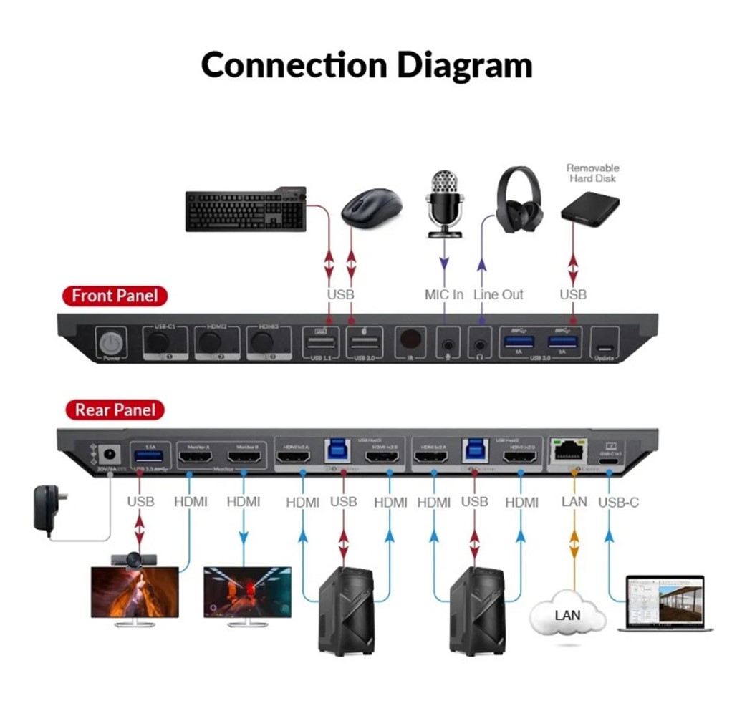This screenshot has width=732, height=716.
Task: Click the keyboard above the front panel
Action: [x=246, y=210]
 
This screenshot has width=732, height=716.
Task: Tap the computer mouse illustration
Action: [x=371, y=207]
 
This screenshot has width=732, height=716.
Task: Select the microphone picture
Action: [x=444, y=203]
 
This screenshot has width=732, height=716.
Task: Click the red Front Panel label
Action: [x=115, y=295]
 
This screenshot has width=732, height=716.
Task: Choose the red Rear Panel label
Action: [x=114, y=410]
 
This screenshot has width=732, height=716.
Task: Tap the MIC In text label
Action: [x=444, y=294]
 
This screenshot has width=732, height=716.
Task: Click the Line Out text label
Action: [x=499, y=294]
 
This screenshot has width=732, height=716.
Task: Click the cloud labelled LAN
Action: [x=567, y=614]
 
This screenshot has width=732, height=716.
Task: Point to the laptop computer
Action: [x=665, y=603]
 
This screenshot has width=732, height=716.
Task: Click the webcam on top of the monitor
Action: [x=135, y=560]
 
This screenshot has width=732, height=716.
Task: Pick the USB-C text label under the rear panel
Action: [x=618, y=502]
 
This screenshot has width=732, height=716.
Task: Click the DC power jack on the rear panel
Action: [x=109, y=454]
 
